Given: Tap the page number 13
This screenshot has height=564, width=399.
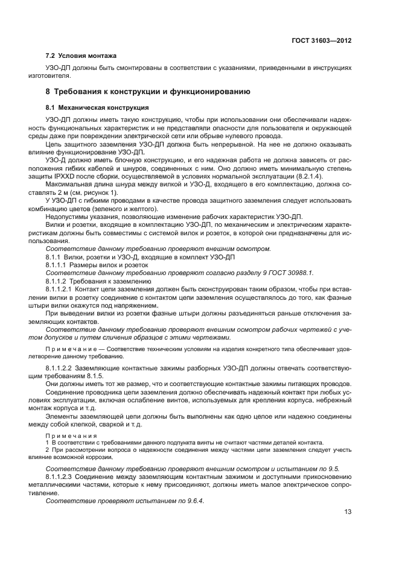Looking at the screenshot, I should click(x=348, y=512).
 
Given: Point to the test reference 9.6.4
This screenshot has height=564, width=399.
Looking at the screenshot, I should click(x=194, y=500).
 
